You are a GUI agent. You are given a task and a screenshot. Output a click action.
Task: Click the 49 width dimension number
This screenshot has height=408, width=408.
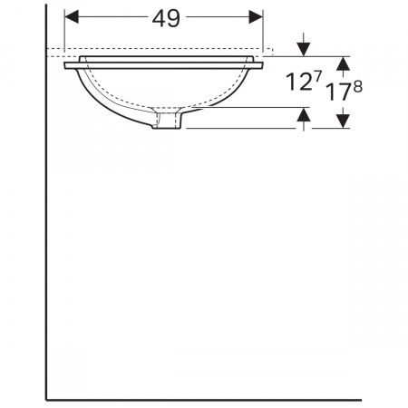click(x=166, y=18)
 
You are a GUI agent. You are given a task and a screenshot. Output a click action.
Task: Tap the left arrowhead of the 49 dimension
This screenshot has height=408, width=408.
click(x=72, y=16)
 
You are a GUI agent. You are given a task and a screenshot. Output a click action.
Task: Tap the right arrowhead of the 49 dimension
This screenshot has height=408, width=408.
click(x=256, y=16)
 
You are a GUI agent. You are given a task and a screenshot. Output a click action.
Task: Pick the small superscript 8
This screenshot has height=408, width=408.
click(x=357, y=87)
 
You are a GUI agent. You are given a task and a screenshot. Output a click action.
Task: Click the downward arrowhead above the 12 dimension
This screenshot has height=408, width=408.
click(x=304, y=49)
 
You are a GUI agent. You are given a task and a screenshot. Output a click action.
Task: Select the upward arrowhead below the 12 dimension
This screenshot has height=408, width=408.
click(x=304, y=114)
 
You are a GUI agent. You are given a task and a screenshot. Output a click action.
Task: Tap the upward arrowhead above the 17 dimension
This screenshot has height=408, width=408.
click(x=343, y=63)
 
